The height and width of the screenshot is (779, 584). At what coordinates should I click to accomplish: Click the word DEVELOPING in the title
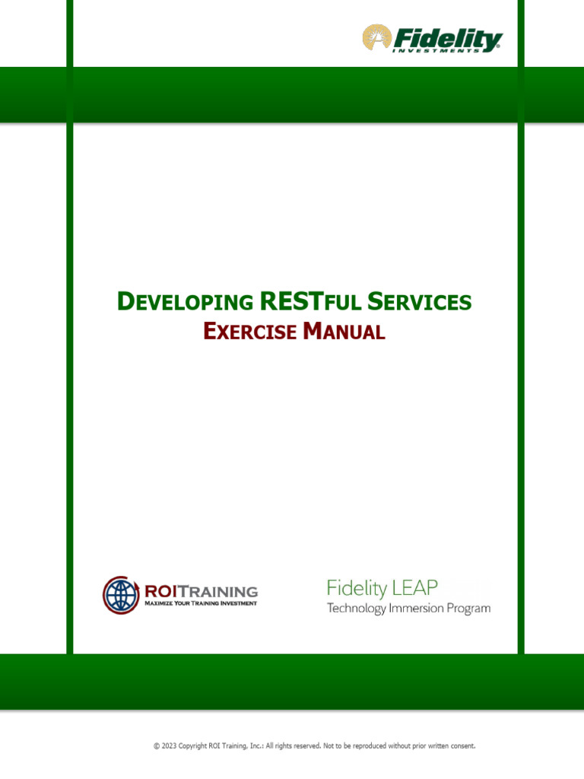[x=185, y=303]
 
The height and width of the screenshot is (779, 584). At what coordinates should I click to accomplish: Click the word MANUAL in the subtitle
[x=344, y=332]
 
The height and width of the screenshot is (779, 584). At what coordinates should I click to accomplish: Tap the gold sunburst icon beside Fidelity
[x=376, y=37]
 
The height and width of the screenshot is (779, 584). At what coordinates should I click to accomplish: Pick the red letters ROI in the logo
[x=160, y=591]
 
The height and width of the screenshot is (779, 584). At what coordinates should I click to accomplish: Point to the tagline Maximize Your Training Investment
[x=201, y=603]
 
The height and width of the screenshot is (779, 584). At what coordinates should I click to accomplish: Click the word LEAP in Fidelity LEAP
[x=414, y=588]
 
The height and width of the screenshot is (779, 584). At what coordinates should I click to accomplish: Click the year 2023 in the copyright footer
[x=170, y=746]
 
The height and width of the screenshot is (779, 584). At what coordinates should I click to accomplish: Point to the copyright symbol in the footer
[x=157, y=746]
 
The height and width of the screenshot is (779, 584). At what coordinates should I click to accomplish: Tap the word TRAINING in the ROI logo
[x=219, y=591]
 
